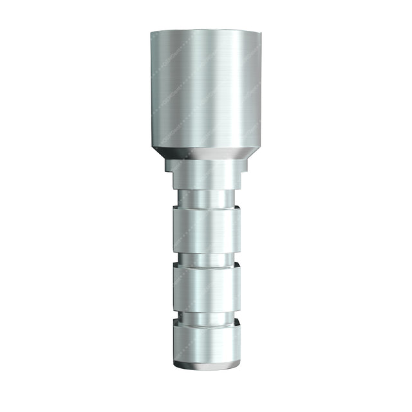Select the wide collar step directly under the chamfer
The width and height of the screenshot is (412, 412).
pos(206,166)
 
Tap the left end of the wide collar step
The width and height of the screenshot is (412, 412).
pos(166,166)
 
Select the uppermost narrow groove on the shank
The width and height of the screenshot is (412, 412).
pos(206,199)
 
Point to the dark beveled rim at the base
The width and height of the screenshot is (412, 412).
pos(206,365)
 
